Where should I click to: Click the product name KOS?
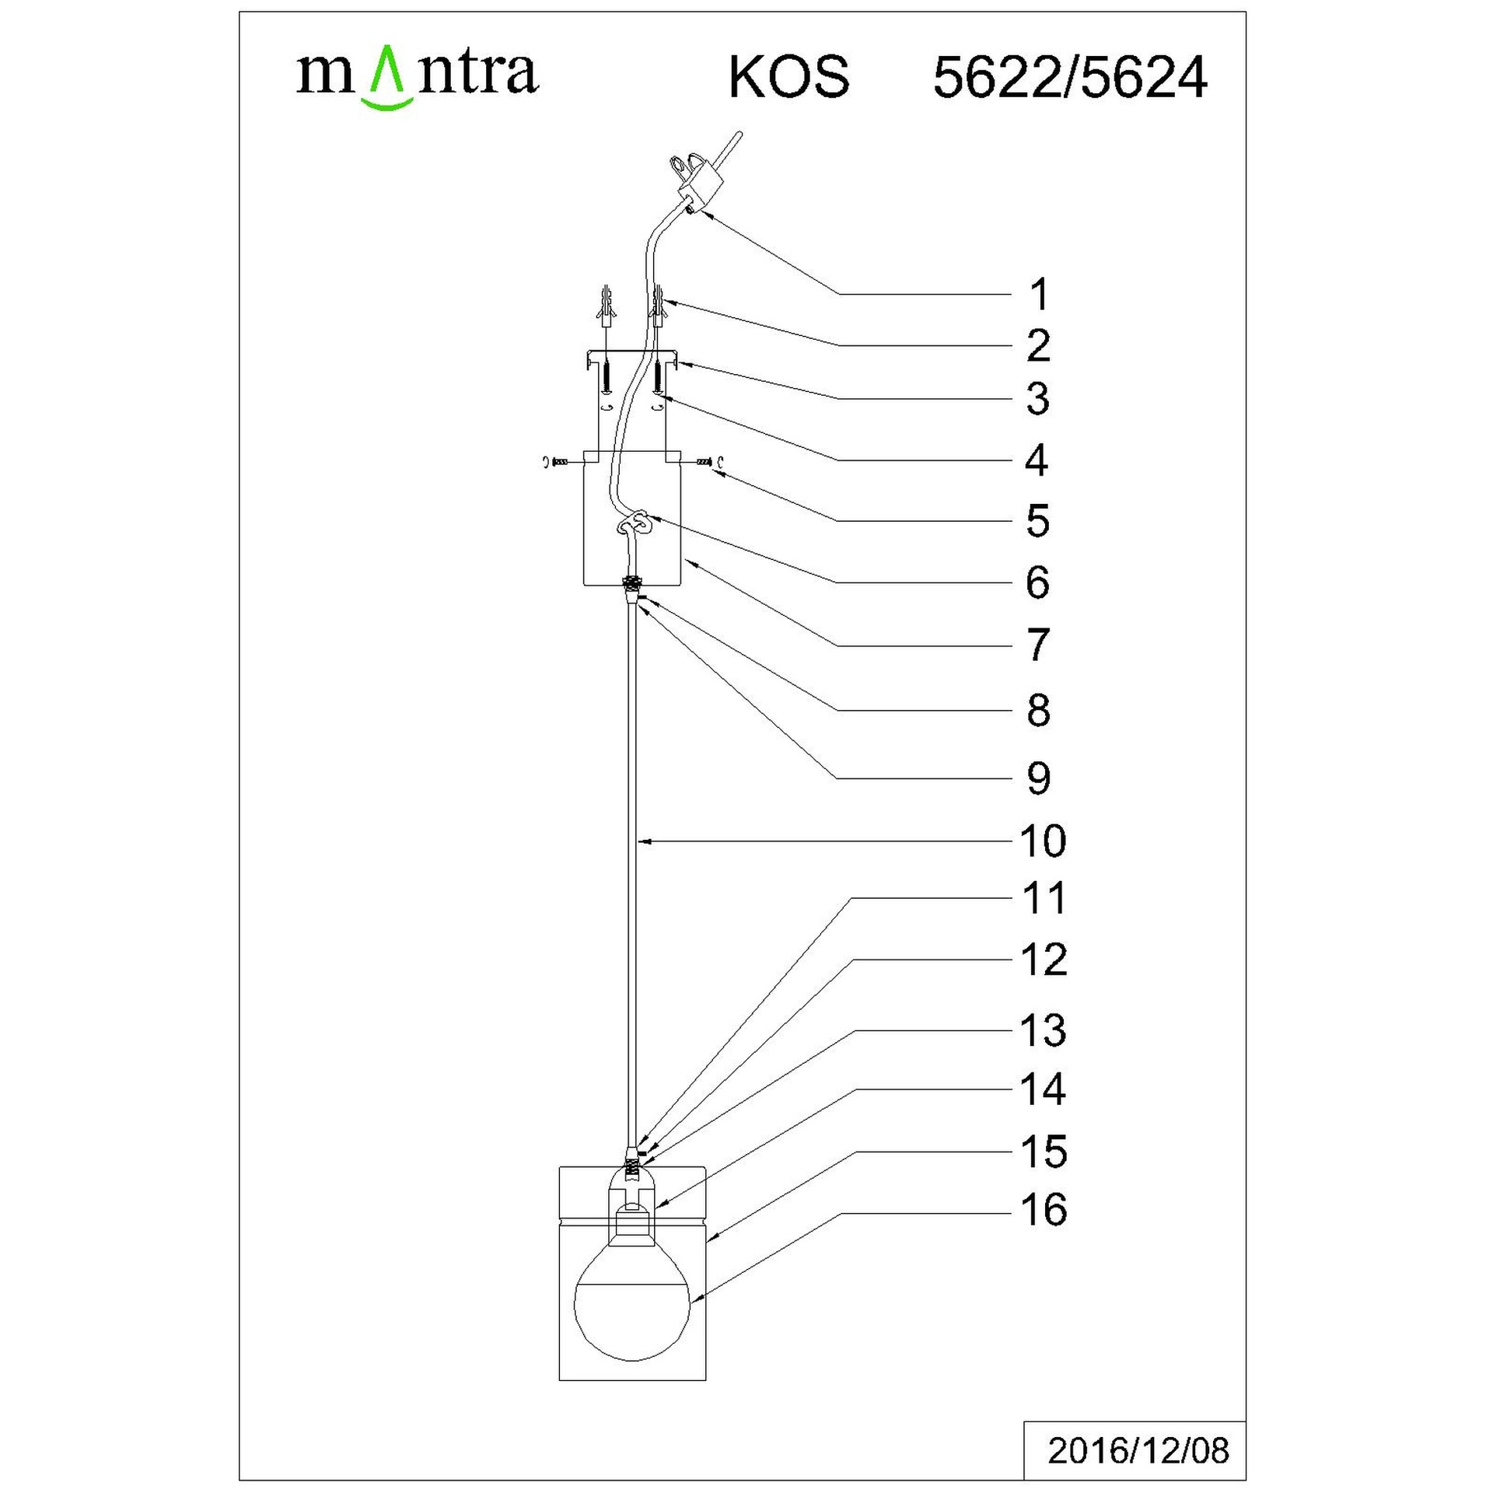click(788, 78)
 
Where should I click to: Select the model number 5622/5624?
click(1070, 78)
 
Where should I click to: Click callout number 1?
click(1039, 295)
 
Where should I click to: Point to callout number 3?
click(1038, 399)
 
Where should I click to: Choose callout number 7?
click(1039, 645)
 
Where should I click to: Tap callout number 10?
click(1043, 841)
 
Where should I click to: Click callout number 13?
click(1043, 1030)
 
